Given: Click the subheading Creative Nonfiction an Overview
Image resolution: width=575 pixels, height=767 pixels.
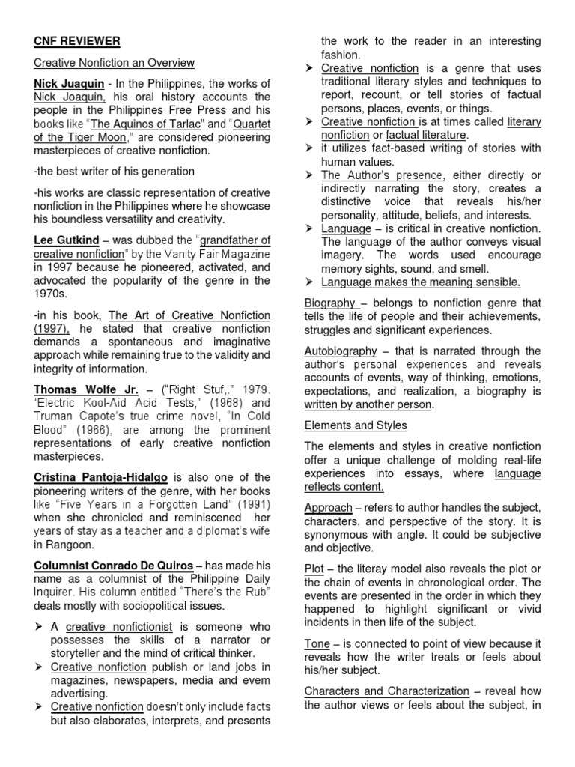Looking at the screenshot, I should [x=114, y=63].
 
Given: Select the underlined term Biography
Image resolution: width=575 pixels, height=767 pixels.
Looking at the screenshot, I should [x=330, y=303].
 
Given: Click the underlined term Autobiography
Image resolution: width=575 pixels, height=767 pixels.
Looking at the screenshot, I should [x=340, y=351].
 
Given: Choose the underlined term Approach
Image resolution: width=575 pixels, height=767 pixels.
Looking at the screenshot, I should [x=328, y=506].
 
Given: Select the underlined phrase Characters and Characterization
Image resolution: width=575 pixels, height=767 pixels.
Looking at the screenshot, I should [x=386, y=691].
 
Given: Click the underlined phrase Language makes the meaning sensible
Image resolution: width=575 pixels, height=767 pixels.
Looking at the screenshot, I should [x=420, y=282].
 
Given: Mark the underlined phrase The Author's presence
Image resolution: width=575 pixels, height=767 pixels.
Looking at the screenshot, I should [x=383, y=175].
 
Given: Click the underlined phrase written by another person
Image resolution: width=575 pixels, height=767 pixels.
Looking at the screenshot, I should [x=368, y=404].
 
